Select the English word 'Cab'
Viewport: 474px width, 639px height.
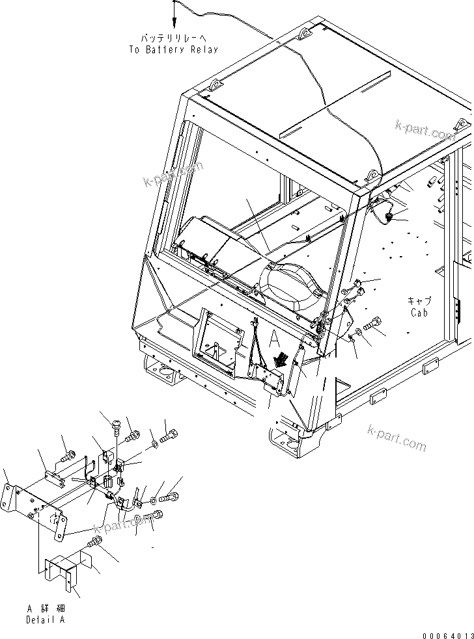(x=419, y=313)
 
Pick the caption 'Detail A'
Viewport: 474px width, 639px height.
(x=46, y=619)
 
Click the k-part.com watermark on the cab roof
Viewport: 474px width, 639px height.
(x=425, y=130)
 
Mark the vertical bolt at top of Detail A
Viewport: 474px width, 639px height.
(x=116, y=426)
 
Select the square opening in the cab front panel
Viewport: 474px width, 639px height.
(x=215, y=345)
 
